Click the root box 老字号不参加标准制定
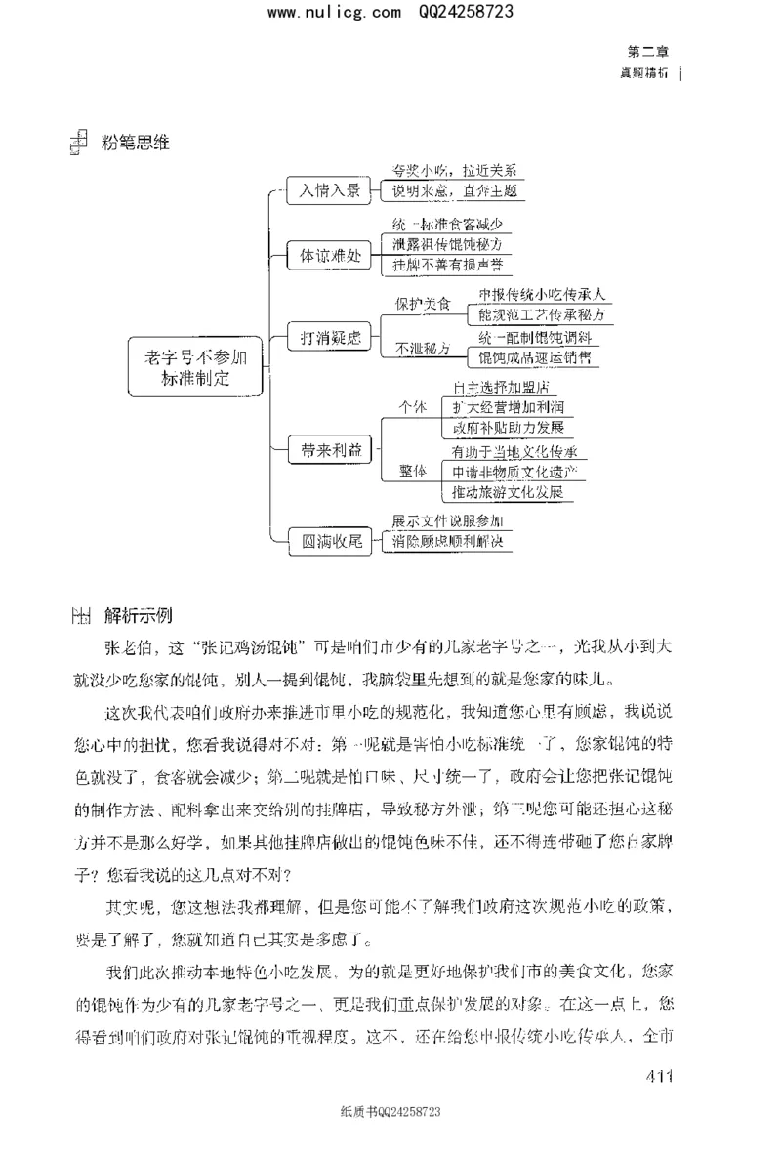(197, 367)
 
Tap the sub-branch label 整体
(414, 472)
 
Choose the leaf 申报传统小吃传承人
(543, 294)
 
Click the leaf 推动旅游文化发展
(508, 492)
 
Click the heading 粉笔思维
(135, 143)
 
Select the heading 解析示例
(137, 616)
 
